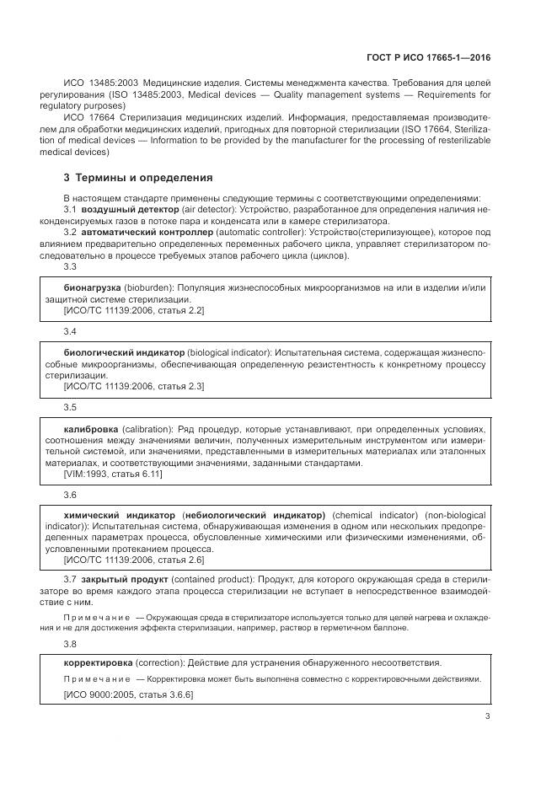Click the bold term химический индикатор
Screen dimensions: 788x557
pos(119,515)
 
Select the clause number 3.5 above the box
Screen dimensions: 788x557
pos(70,408)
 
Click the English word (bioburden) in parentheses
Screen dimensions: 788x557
pos(148,288)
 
